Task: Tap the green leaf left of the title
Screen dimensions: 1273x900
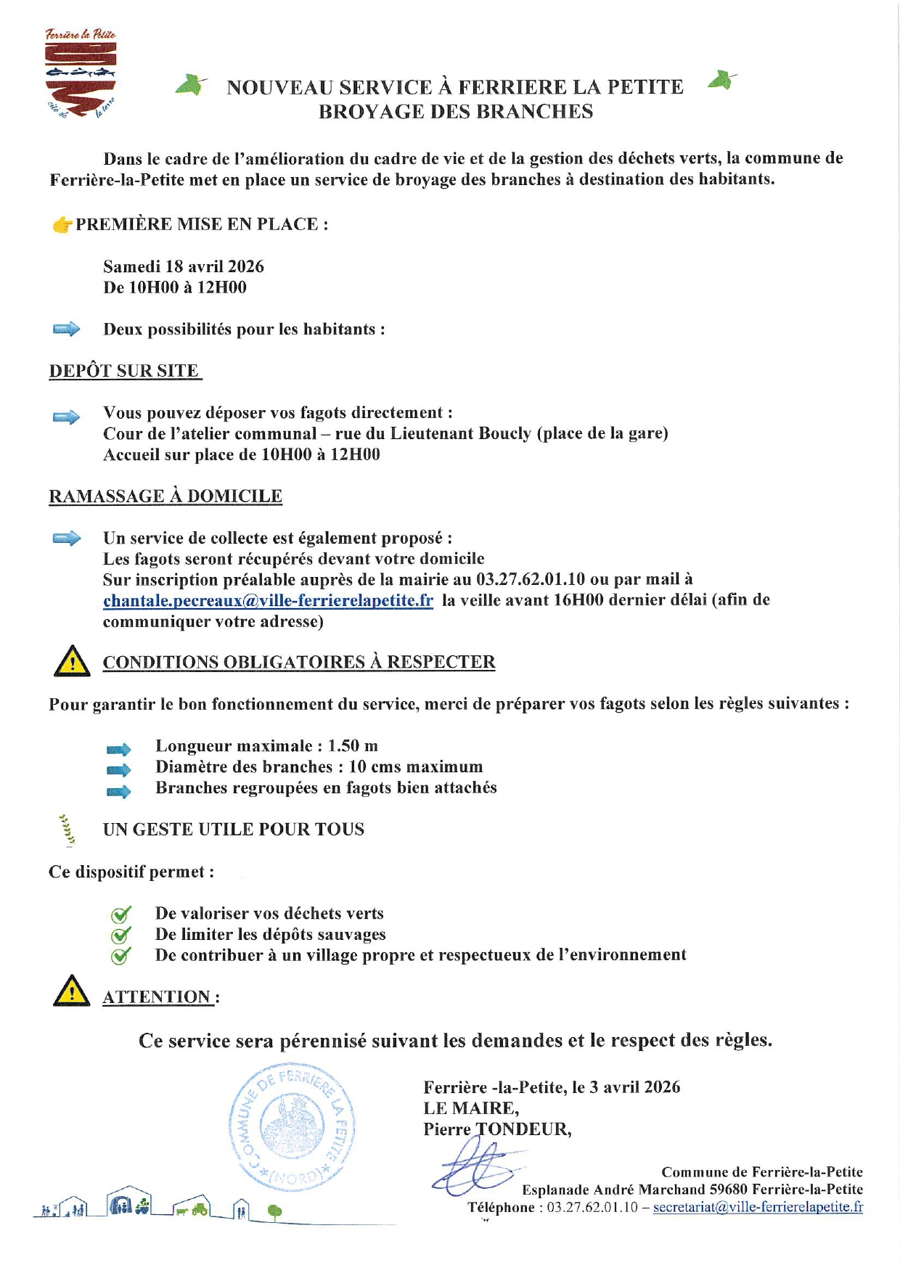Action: point(191,85)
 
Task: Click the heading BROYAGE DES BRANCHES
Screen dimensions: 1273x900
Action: point(456,112)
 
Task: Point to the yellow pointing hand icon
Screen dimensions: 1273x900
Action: point(62,225)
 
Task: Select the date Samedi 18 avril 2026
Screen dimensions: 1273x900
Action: point(184,266)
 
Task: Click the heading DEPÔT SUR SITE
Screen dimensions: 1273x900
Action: point(124,371)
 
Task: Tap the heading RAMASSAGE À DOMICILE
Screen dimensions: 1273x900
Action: point(165,496)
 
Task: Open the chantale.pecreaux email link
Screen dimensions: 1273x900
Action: point(268,600)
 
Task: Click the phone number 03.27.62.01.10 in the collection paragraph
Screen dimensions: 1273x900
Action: point(530,579)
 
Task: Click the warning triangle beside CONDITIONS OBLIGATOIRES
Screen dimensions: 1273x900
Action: point(72,661)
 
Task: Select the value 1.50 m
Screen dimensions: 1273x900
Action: point(353,746)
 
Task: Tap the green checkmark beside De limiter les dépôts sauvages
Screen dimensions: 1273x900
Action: point(120,935)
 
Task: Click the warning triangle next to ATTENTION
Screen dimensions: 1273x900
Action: point(71,991)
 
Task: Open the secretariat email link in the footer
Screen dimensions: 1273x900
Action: point(758,1207)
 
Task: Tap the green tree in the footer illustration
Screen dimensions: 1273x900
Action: point(274,1211)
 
